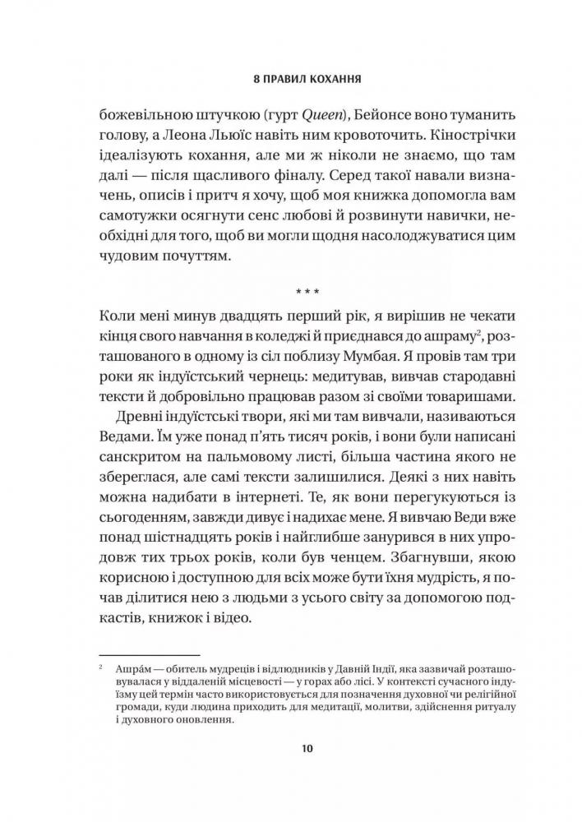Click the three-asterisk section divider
290,292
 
